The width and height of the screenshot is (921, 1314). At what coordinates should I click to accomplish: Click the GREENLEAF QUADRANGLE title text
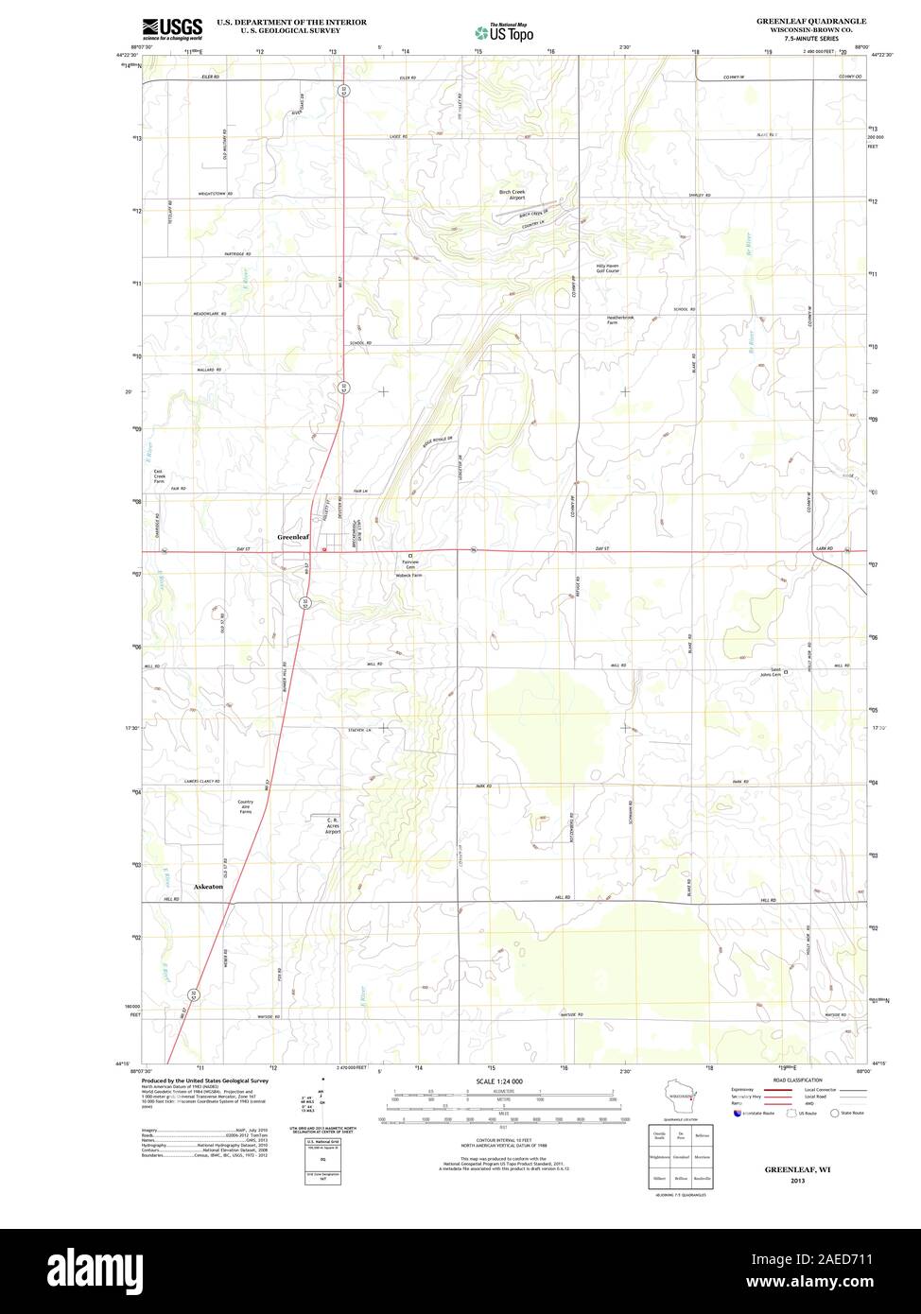tap(810, 20)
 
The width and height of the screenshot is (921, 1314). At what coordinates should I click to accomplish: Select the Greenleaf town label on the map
tap(293, 537)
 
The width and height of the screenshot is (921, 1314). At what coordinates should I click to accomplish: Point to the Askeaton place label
tap(208, 888)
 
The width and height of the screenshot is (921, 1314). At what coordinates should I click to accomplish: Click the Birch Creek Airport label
tap(512, 195)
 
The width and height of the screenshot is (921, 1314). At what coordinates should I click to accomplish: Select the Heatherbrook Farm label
tap(621, 320)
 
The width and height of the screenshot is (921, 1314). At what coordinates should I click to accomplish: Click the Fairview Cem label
tap(410, 563)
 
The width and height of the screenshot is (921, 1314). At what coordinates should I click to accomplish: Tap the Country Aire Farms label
tap(246, 806)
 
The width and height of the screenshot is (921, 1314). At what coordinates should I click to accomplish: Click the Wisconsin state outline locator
tap(681, 1098)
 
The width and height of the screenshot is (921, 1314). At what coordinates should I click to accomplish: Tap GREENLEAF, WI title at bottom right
tap(791, 1169)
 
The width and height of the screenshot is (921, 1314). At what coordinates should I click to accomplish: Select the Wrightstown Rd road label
tap(216, 193)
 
